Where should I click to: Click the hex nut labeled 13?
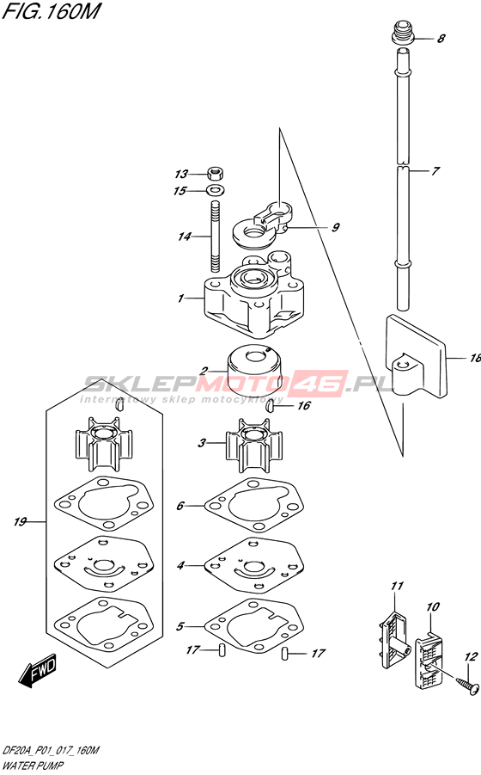click(215, 174)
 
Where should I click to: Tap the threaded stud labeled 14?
click(215, 237)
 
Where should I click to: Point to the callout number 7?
click(435, 171)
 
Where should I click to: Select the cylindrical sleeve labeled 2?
click(254, 366)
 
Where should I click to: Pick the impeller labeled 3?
click(254, 445)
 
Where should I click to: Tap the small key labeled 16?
click(271, 406)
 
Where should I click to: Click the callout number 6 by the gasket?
click(180, 506)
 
